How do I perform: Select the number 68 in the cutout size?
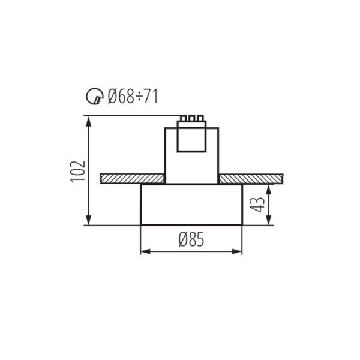tap(124, 96)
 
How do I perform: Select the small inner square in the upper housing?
tap(191, 140)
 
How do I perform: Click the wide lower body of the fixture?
tap(191, 205)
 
